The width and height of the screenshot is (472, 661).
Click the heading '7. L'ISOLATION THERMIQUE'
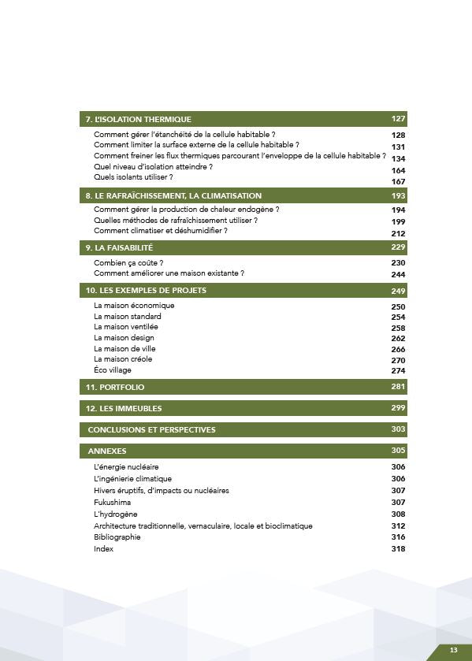pos(138,120)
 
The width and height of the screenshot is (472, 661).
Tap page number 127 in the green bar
pos(398,119)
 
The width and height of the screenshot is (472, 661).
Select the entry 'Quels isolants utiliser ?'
pos(133,177)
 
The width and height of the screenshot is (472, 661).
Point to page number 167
pos(398,182)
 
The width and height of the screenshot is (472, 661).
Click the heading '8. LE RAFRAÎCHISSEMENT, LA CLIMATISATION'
pos(173,195)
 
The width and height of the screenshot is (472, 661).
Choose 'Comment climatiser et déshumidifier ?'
pos(161,231)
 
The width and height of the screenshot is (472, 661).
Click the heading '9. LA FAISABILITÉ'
pos(119,248)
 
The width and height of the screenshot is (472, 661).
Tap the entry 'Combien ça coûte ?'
pos(128,262)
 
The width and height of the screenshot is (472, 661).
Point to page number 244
pos(398,275)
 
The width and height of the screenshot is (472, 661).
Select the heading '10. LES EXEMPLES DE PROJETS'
pos(146,291)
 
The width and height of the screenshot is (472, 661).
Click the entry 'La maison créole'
pos(123,359)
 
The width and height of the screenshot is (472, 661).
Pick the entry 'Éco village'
pos(113,370)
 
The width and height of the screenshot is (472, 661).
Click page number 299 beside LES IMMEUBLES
pos(398,408)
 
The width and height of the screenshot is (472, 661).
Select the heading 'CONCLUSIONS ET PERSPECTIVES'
pos(151,430)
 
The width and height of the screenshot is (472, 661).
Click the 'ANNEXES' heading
pos(107,451)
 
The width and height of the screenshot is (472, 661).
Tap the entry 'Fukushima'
pos(112,502)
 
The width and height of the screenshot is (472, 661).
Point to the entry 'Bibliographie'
pos(117,537)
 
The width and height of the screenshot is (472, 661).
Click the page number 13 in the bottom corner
pos(454,650)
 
